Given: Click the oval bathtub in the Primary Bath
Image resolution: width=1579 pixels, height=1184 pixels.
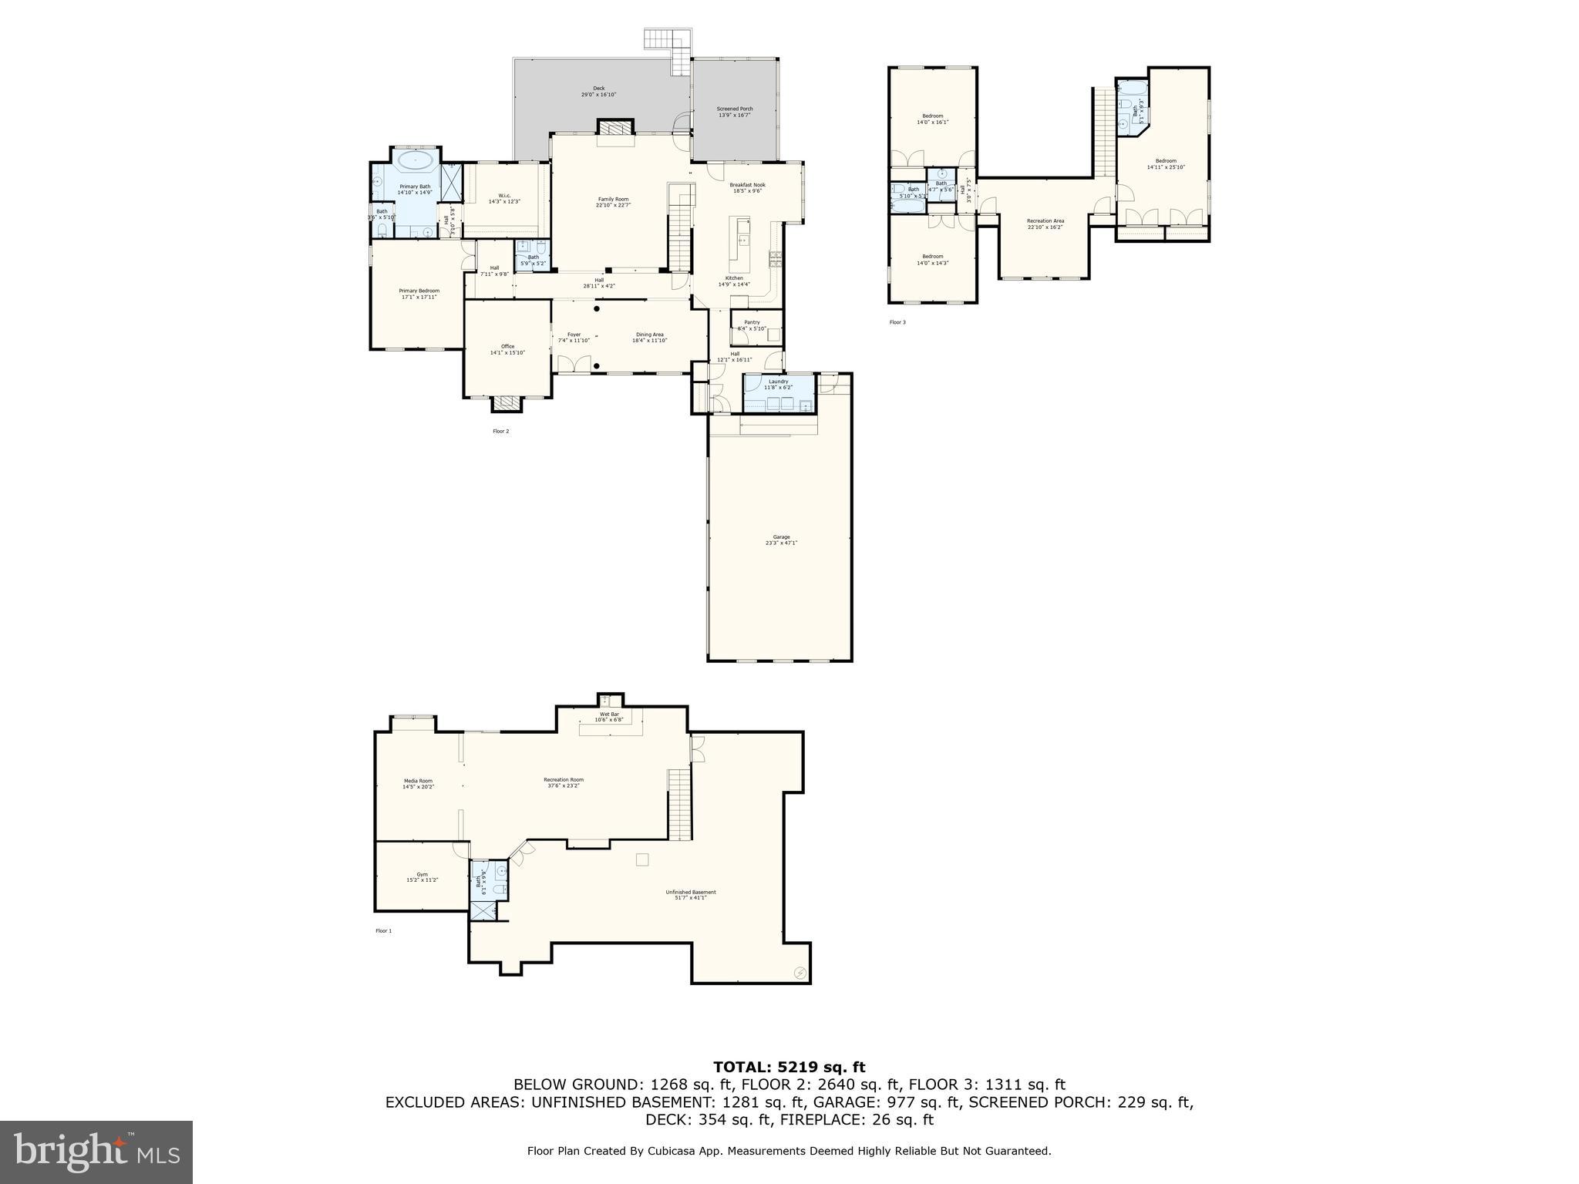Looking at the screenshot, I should (416, 161).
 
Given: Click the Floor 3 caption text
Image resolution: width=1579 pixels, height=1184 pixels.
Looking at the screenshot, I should (897, 322).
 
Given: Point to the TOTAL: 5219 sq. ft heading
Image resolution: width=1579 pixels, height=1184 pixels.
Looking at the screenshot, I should (789, 1068).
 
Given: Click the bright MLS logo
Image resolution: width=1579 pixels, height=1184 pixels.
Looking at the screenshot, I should (96, 1152).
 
